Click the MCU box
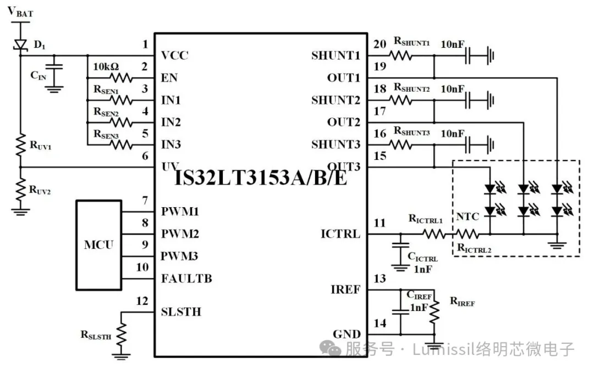[99, 244]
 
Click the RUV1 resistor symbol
[20, 145]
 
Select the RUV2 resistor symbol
[20, 188]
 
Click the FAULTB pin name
[186, 279]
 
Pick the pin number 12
[142, 300]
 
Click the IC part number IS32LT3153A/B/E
[261, 177]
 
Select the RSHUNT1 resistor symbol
[401, 55]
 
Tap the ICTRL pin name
[340, 234]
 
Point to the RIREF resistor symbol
[434, 312]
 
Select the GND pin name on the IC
[346, 334]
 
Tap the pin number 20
[379, 44]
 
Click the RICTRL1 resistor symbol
[433, 234]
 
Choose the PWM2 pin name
[180, 234]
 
